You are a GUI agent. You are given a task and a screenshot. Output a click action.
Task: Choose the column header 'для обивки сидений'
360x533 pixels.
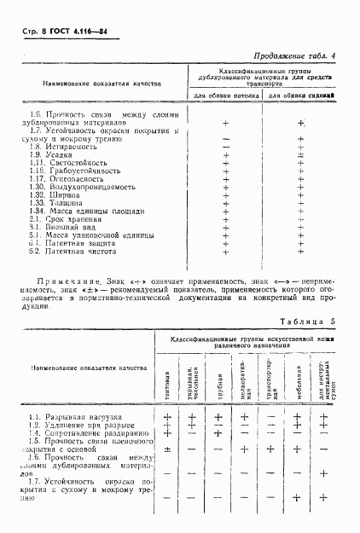tap(300, 96)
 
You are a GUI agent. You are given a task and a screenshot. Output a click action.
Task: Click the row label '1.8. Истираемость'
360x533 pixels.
tap(59, 148)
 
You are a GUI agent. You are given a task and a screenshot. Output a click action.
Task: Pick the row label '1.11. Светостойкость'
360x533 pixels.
tap(65, 164)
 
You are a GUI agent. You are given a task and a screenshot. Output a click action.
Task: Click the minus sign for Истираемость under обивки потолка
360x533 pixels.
tap(226, 148)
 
